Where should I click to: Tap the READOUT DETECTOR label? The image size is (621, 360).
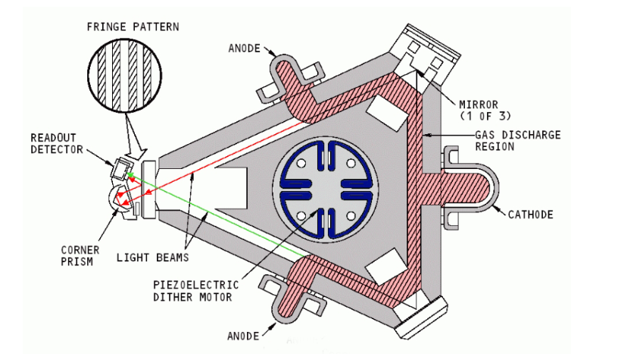(x=56, y=143)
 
